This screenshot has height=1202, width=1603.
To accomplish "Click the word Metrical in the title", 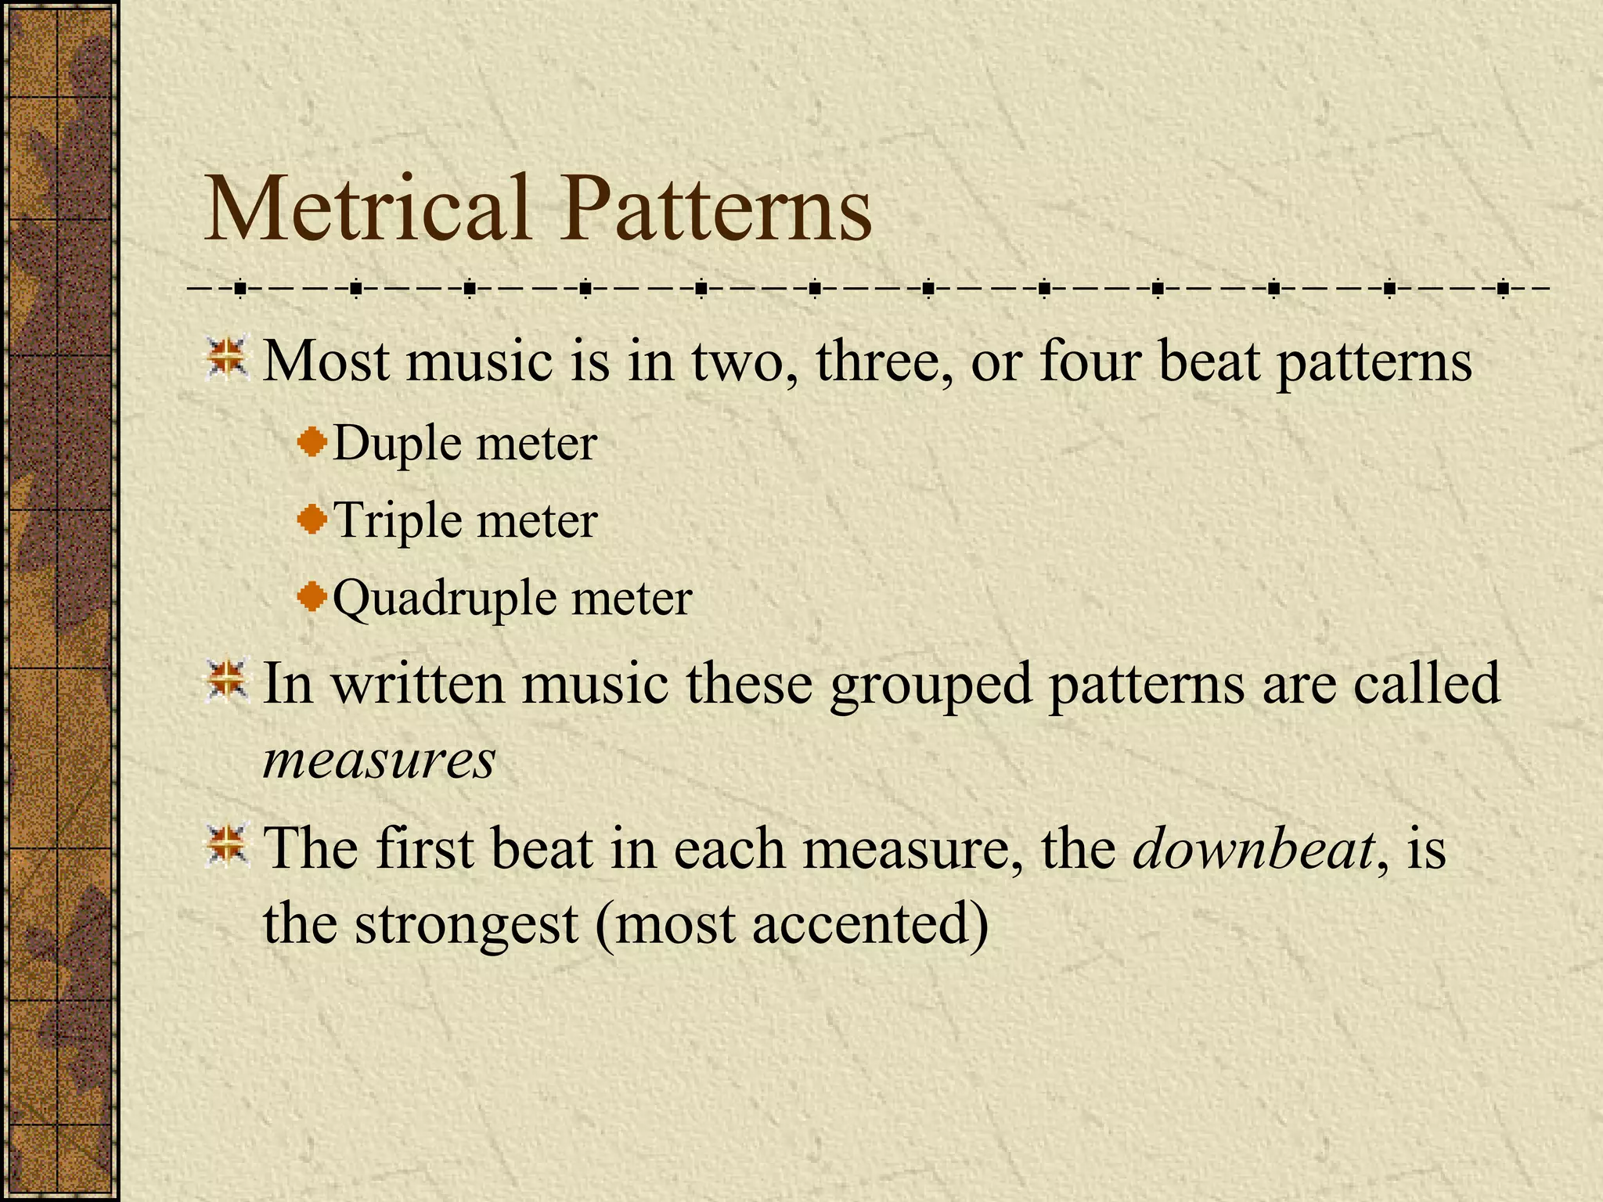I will tap(367, 209).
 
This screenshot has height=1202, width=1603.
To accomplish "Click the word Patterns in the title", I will tap(715, 209).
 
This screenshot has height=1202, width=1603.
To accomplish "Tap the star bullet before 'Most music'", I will tap(227, 359).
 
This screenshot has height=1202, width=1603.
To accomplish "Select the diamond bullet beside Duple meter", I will tap(312, 442).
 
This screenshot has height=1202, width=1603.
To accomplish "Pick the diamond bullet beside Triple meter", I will tap(312, 519).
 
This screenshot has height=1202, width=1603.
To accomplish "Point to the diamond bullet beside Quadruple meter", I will tap(312, 597).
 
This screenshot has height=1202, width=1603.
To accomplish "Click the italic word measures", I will tap(379, 760).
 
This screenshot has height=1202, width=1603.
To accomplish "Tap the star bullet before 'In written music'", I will tap(227, 681).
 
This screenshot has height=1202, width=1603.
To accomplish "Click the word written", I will tap(418, 682).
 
